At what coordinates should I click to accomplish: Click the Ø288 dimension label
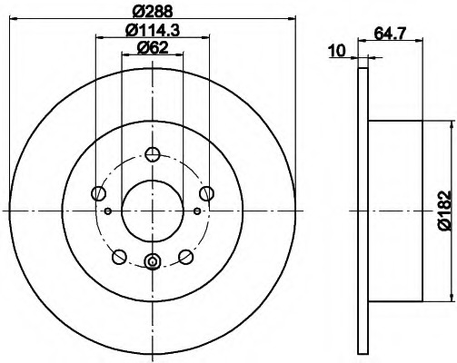point(153,11)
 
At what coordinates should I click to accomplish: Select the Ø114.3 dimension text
point(153,30)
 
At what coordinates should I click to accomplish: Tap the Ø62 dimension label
point(153,48)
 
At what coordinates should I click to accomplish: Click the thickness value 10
point(338,51)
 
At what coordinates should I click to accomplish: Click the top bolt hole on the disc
point(153,154)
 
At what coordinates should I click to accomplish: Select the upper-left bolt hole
point(98,193)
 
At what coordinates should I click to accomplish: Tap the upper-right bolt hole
point(206,193)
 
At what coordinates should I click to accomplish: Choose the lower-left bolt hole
point(119,257)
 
